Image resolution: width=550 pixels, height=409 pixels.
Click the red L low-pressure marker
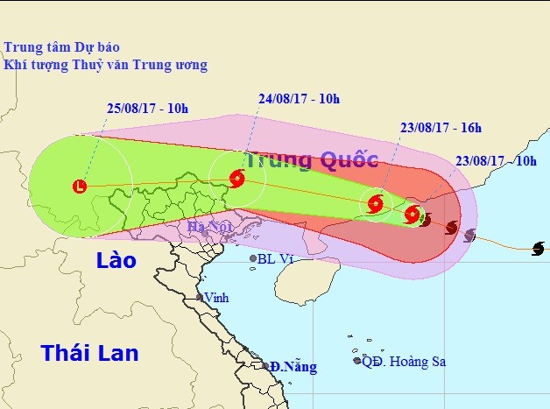[x=81, y=186]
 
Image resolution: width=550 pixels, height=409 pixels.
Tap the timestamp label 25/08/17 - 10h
[x=148, y=109]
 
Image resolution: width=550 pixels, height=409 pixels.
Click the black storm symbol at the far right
[x=538, y=249]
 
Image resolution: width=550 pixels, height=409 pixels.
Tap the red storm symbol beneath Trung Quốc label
[x=236, y=180]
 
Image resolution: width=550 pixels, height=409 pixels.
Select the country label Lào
[x=116, y=261]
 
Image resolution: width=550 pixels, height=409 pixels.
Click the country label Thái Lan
[x=89, y=353]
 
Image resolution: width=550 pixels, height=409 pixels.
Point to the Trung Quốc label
[x=311, y=160]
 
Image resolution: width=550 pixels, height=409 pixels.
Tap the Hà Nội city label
[x=208, y=229]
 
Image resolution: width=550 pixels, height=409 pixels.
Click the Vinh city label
[x=215, y=298]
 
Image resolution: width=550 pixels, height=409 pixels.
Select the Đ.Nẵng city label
[x=293, y=366]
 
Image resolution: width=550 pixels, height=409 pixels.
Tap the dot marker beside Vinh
[x=200, y=298]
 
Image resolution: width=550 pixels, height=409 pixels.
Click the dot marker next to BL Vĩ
[x=253, y=258]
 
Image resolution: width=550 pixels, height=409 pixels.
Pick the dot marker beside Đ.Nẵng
[x=264, y=366]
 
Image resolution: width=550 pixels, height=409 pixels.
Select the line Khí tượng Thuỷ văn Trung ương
[x=105, y=65]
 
